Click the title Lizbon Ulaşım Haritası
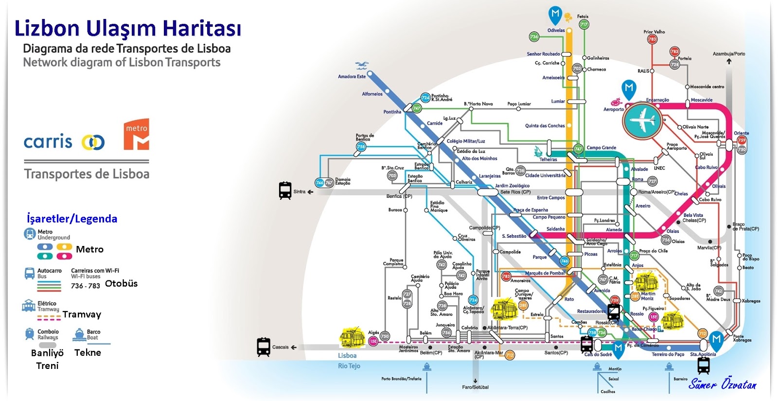[x=127, y=28]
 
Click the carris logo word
[x=48, y=141]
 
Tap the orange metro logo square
[x=136, y=134]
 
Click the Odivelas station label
[x=556, y=30]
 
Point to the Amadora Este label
[x=352, y=76]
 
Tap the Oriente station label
[x=741, y=133]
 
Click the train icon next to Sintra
[x=285, y=191]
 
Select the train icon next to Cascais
[x=264, y=347]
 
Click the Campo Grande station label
[x=601, y=148]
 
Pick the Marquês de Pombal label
[x=545, y=273]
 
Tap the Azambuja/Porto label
[x=728, y=54]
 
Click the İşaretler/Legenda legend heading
[x=72, y=219]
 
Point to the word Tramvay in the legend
[x=82, y=314]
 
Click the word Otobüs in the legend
[x=121, y=283]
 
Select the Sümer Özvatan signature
[x=722, y=384]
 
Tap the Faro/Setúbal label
[x=475, y=387]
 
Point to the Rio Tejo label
[x=349, y=366]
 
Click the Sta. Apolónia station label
[x=703, y=354]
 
